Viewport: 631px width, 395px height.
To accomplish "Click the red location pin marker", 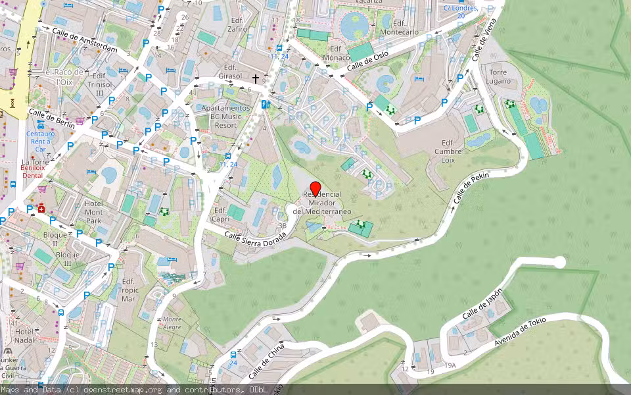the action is (x=315, y=188).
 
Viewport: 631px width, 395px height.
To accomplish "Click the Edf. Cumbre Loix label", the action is (x=448, y=151).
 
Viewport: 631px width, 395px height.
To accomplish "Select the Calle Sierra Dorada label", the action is (x=255, y=238).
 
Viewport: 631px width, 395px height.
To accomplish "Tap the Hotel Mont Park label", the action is (x=94, y=212).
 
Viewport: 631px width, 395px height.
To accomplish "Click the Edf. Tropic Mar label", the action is (x=129, y=290).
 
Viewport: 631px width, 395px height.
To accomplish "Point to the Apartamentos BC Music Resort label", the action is (x=225, y=117).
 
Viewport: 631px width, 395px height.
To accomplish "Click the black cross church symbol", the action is (x=256, y=78).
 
